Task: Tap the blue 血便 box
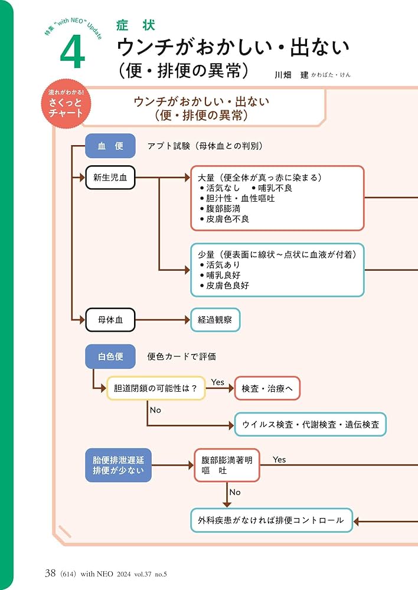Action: tap(110, 146)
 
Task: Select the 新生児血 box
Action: tap(110, 177)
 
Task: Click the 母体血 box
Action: tap(110, 320)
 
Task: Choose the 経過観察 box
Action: tap(215, 320)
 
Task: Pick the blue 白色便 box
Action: tap(110, 356)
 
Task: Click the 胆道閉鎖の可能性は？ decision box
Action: tap(156, 388)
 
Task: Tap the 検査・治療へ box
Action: tap(267, 388)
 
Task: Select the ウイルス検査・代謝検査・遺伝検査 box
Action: tap(310, 424)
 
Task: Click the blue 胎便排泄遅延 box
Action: tap(118, 464)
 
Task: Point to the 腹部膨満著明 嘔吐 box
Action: tap(227, 465)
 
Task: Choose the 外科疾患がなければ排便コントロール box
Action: tap(271, 520)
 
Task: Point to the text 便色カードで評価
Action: tap(181, 356)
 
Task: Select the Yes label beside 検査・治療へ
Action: tap(218, 382)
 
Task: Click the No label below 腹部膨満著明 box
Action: tap(235, 492)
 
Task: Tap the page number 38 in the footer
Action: tap(50, 573)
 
